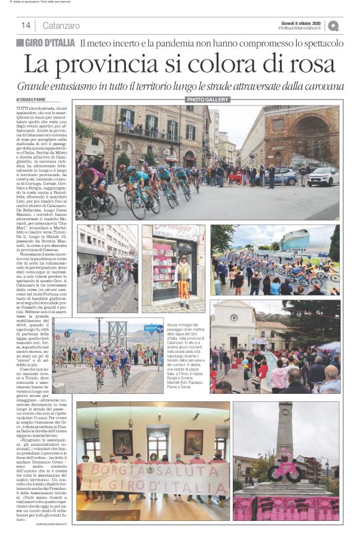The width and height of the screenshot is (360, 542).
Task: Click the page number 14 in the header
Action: [x=26, y=25]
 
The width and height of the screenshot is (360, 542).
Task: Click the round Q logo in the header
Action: [x=333, y=26]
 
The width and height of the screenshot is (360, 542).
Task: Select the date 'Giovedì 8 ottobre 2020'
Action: [x=301, y=22]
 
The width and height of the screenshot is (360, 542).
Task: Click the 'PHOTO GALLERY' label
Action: [x=207, y=99]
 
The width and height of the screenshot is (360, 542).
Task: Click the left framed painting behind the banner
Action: [x=122, y=441]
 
